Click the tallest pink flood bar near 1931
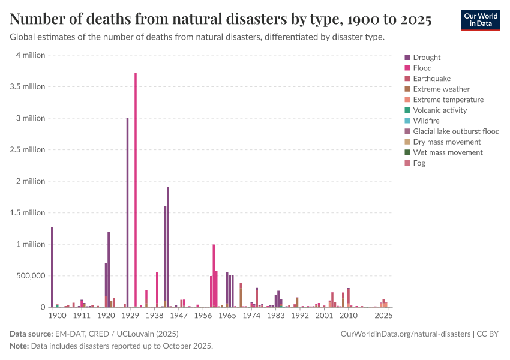tap(136, 192)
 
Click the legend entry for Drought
tap(427, 58)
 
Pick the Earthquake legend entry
tap(431, 79)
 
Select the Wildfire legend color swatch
tap(408, 121)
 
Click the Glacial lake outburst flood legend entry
tap(456, 131)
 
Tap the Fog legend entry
tap(419, 163)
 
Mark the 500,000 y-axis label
tap(29, 276)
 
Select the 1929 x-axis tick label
tap(130, 315)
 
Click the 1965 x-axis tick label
tap(227, 315)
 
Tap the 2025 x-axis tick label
tap(384, 315)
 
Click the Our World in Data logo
tap(481, 20)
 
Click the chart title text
tap(221, 20)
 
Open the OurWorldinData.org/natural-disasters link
tap(406, 334)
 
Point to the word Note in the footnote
tap(19, 346)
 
